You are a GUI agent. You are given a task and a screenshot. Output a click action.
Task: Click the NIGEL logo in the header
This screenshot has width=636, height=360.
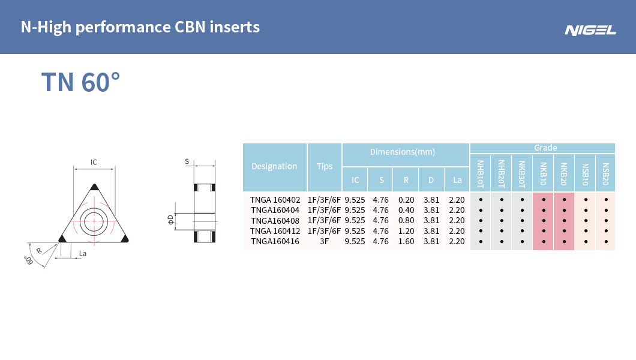[x=590, y=30]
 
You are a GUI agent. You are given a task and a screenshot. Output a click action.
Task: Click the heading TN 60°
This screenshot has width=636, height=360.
[x=80, y=82]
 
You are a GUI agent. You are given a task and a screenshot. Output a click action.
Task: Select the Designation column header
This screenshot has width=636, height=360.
[x=274, y=166]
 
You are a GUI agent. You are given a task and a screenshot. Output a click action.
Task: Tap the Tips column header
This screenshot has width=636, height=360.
[x=325, y=166]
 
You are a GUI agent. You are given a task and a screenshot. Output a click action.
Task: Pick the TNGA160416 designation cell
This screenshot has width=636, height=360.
[x=275, y=241]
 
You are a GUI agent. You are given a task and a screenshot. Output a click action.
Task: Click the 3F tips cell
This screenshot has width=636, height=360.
[x=325, y=241]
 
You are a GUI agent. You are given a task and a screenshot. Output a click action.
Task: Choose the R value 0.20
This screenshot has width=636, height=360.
[x=406, y=200]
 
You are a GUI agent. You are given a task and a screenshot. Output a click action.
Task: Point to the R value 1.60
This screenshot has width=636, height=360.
[x=406, y=241]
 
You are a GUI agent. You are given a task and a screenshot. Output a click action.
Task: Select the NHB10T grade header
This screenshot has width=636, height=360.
[x=481, y=174]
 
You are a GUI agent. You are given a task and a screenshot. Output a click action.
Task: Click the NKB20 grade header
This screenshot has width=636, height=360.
[x=564, y=174]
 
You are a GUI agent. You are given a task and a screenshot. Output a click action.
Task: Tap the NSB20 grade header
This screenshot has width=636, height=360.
[x=605, y=174]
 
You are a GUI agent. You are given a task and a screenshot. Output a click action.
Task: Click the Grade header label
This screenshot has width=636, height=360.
[x=545, y=148]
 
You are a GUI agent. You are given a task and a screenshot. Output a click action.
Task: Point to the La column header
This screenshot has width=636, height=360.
[x=457, y=179]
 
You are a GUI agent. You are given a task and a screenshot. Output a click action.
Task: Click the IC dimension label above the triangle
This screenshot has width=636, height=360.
[x=94, y=162]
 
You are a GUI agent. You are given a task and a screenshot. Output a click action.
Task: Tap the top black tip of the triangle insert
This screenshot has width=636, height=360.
[x=94, y=187]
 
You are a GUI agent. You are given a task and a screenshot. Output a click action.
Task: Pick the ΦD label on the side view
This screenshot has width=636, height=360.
[x=170, y=220]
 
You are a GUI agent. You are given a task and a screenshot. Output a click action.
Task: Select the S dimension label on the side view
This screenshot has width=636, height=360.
[x=187, y=161]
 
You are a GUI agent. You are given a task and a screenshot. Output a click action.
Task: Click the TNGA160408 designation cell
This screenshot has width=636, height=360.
[x=275, y=220]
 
